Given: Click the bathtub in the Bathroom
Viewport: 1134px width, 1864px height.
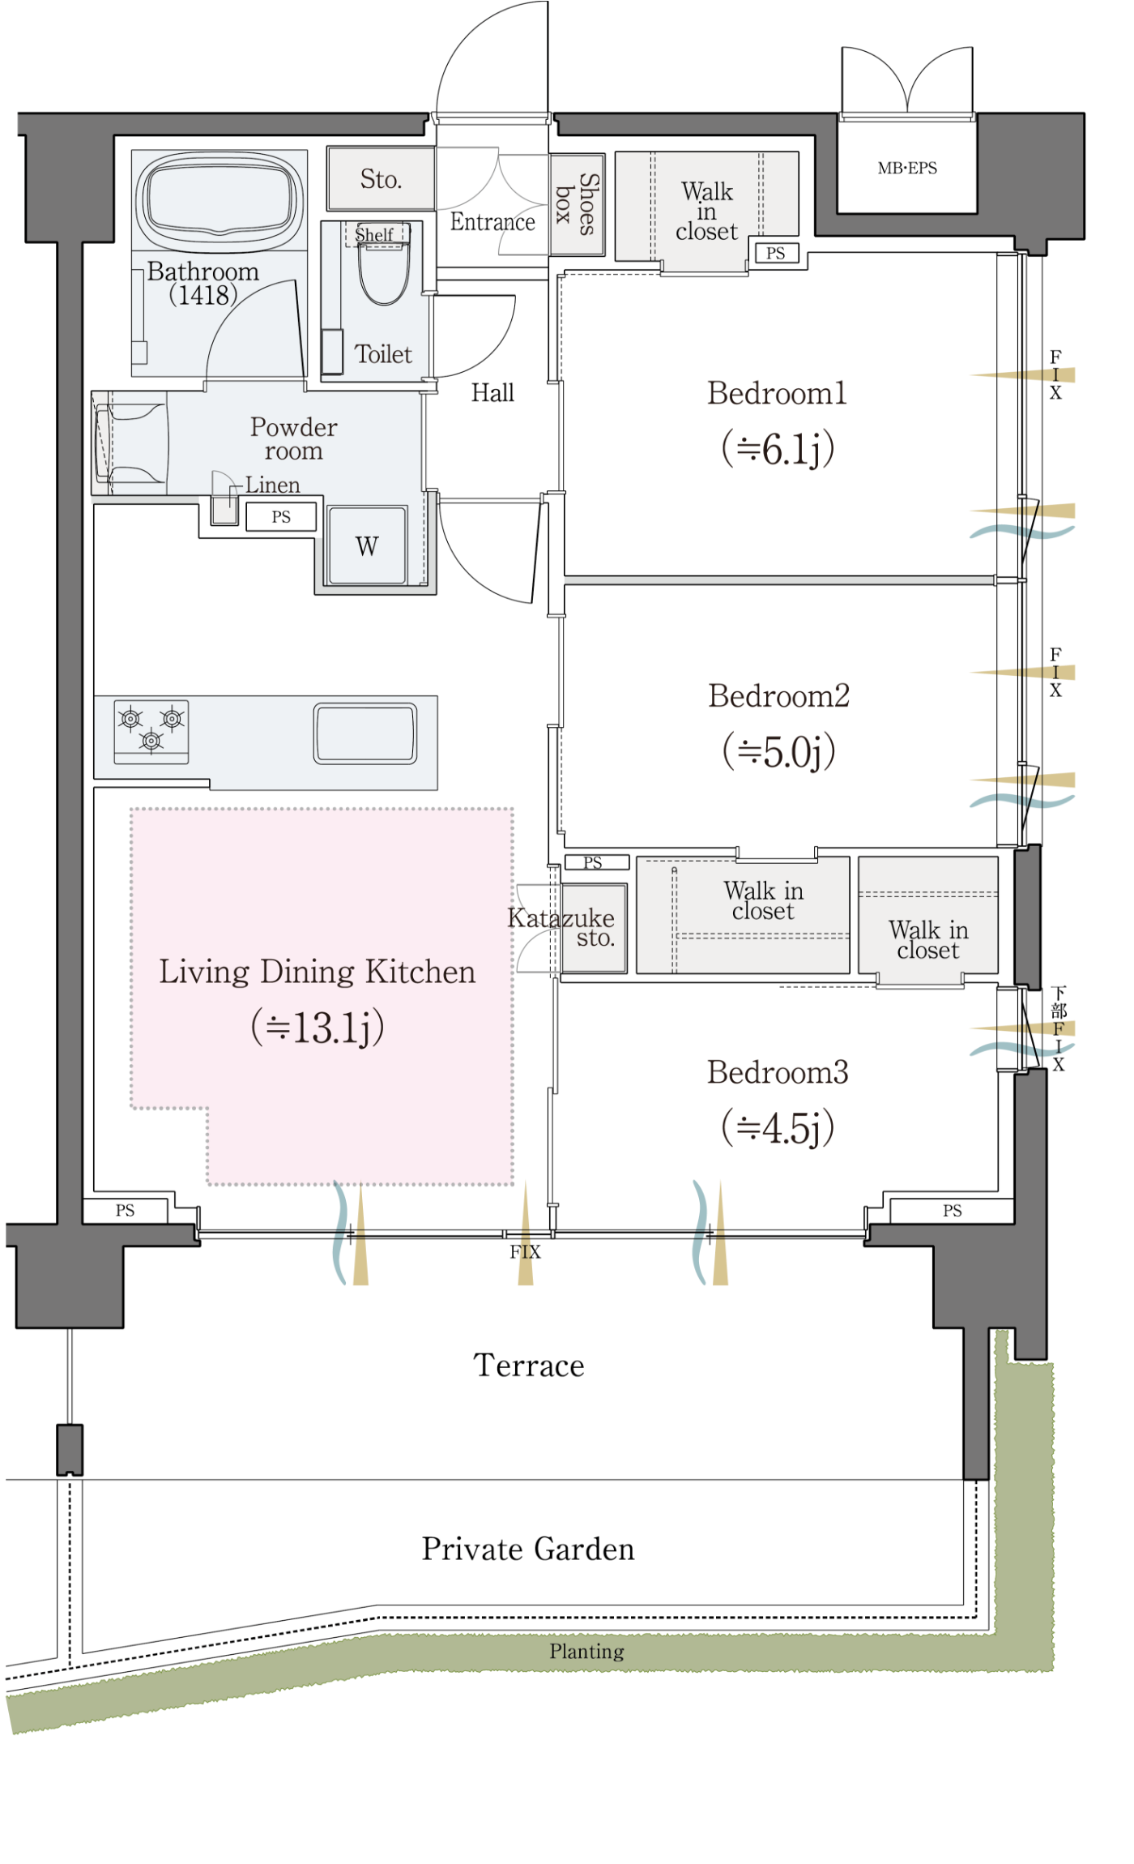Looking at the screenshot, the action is [219, 197].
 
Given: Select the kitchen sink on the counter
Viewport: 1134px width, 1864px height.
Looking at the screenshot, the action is [365, 733].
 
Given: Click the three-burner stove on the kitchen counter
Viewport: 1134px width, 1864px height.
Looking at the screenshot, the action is [151, 732].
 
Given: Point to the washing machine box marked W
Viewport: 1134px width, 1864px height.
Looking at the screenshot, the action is [366, 545].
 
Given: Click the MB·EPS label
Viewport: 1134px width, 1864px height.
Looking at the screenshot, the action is [907, 169].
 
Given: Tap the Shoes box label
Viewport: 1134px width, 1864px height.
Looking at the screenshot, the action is [577, 203].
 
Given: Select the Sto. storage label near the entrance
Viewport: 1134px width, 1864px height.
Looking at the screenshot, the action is [381, 179].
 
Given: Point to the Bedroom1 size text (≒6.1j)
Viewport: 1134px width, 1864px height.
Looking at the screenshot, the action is [778, 448].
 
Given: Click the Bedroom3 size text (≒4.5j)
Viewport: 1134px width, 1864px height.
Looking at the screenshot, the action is [778, 1127].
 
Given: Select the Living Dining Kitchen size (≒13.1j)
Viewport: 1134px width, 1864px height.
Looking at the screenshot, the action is [318, 1027].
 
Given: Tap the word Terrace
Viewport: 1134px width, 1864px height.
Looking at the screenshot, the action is [529, 1366].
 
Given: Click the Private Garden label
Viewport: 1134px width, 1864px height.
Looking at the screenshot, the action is [528, 1549].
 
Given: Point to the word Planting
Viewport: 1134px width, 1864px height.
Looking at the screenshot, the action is [587, 1651].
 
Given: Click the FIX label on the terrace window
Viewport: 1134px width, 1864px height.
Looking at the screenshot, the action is [525, 1252].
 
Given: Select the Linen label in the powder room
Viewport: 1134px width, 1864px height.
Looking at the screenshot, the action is [273, 485].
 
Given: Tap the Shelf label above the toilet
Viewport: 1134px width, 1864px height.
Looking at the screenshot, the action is [374, 235].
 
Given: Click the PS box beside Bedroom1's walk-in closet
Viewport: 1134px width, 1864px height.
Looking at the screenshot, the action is [776, 253].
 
